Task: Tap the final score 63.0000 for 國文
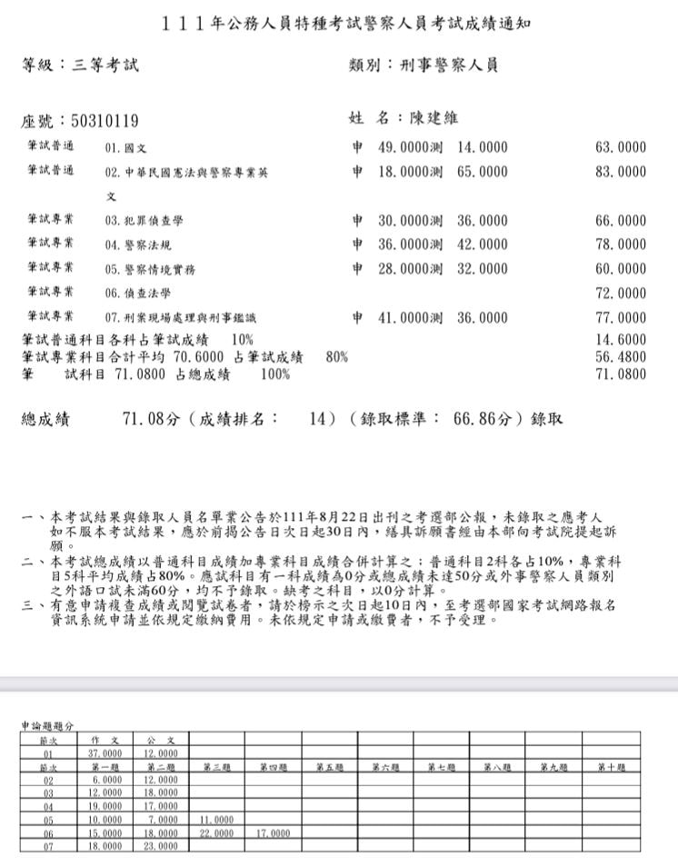tap(621, 147)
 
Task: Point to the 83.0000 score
tap(621, 171)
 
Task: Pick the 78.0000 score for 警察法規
tap(621, 244)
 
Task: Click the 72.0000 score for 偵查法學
tap(621, 294)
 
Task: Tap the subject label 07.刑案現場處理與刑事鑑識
tap(181, 318)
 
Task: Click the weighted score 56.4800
tap(621, 356)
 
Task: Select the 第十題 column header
tap(612, 767)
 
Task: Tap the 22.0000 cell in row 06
tap(216, 832)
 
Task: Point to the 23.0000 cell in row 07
tap(161, 845)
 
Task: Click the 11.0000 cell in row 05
tap(216, 819)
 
